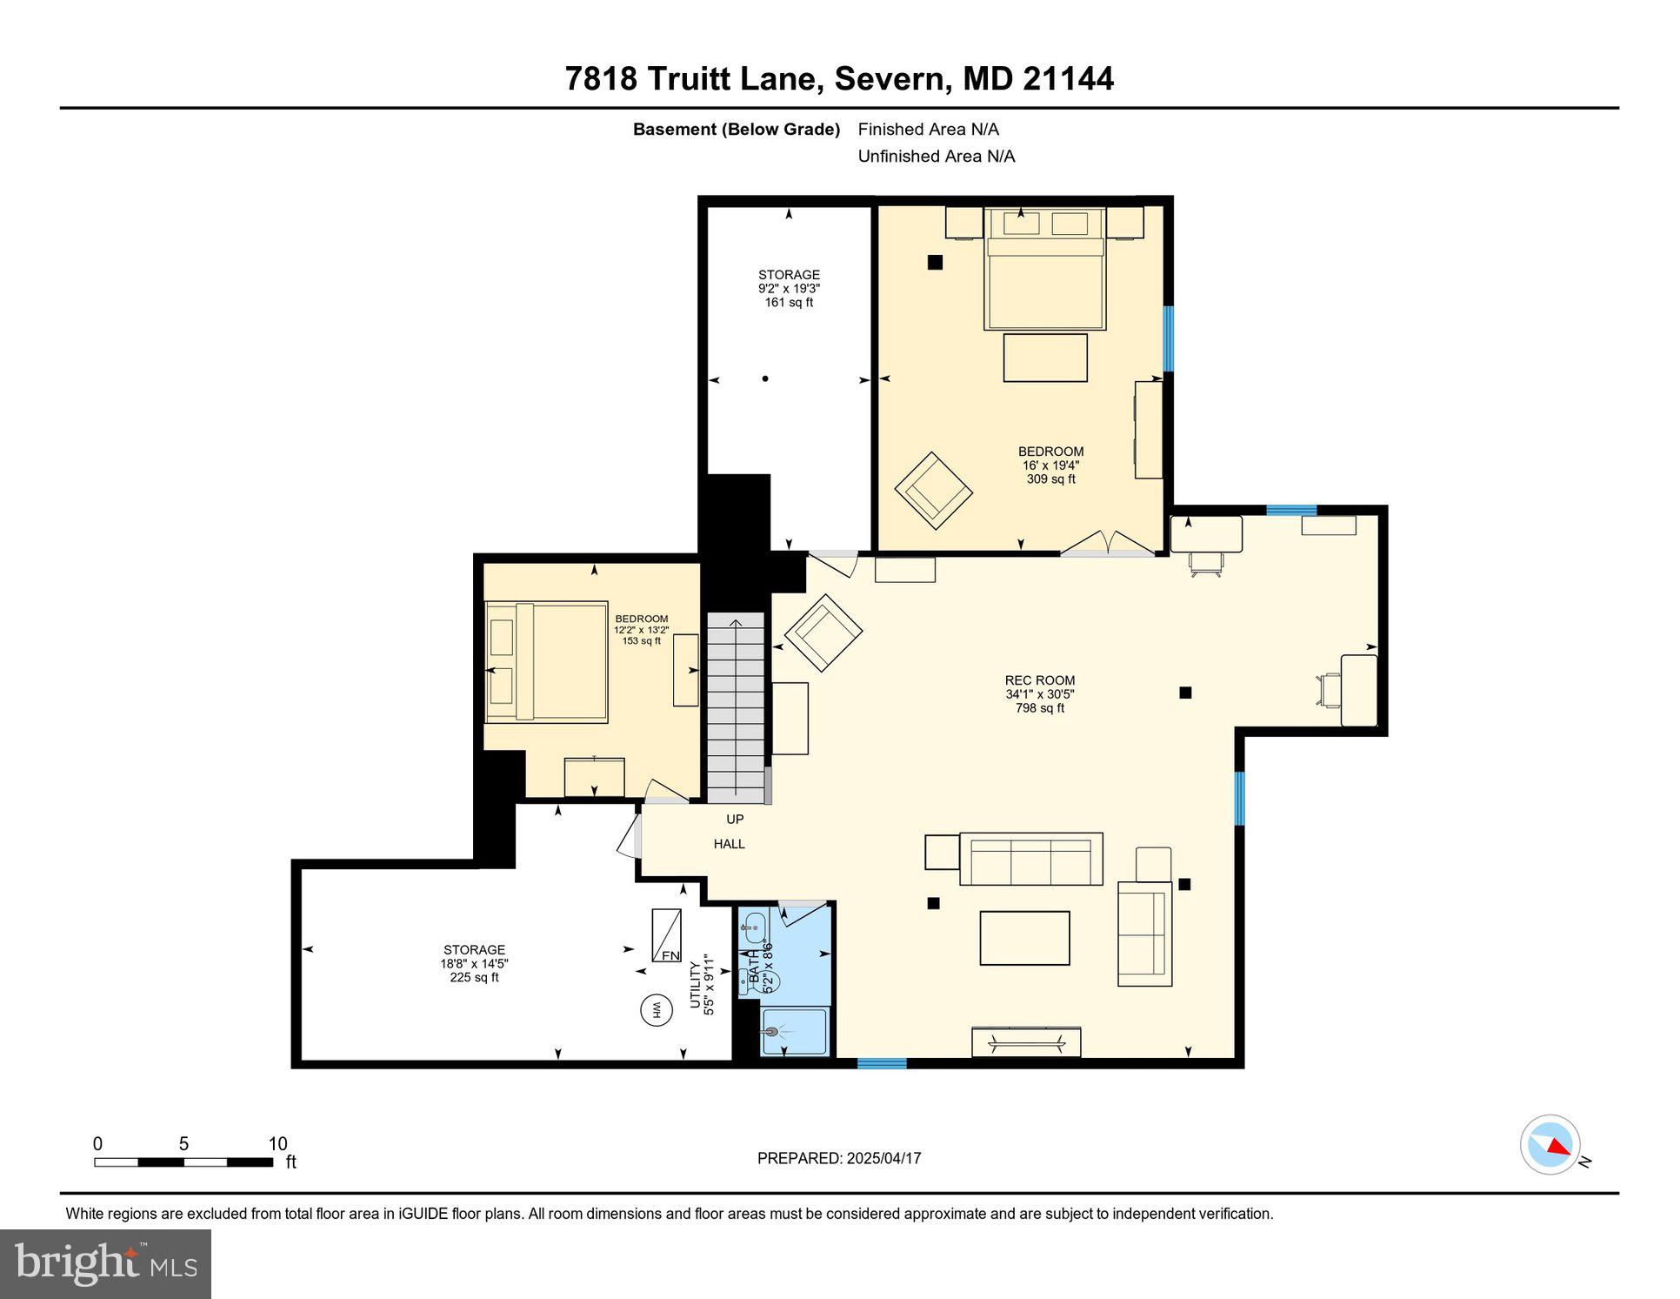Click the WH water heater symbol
[657, 1010]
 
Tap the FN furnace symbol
[667, 935]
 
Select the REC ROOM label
[1039, 680]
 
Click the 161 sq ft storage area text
[789, 302]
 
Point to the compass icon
[1550, 1145]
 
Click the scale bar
[183, 1162]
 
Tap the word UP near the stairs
[735, 819]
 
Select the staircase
[736, 707]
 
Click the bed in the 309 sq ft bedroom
[1043, 270]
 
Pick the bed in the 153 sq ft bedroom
[546, 662]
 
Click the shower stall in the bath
[794, 1032]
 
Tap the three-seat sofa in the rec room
[1030, 859]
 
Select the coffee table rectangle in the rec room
[1024, 938]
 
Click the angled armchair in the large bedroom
[933, 491]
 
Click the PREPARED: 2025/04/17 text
[838, 1158]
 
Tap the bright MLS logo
[105, 1263]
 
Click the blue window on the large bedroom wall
[1168, 338]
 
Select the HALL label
[729, 844]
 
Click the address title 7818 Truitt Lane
[838, 78]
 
